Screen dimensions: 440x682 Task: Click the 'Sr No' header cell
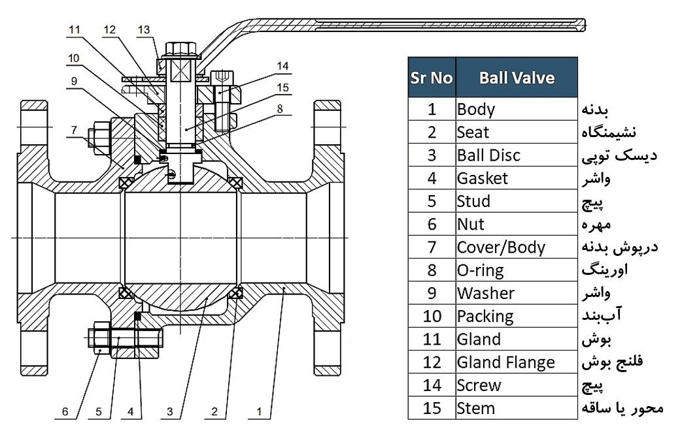pos(432,78)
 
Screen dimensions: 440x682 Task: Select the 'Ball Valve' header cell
pos(517,78)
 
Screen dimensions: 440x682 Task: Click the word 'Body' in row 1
pos(476,109)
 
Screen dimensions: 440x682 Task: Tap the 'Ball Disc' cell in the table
pos(489,155)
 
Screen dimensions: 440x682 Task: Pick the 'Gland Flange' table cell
pos(506,362)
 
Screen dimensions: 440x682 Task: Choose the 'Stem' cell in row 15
pos(476,409)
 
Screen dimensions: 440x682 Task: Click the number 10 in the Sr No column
pos(432,317)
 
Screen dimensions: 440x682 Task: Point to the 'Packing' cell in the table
pos(485,317)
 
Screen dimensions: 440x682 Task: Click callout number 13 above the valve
pos(144,29)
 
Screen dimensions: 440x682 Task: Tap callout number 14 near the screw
pos(282,65)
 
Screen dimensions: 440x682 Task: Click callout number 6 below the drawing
pos(65,412)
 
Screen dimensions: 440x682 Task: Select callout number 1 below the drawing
pos(260,412)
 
